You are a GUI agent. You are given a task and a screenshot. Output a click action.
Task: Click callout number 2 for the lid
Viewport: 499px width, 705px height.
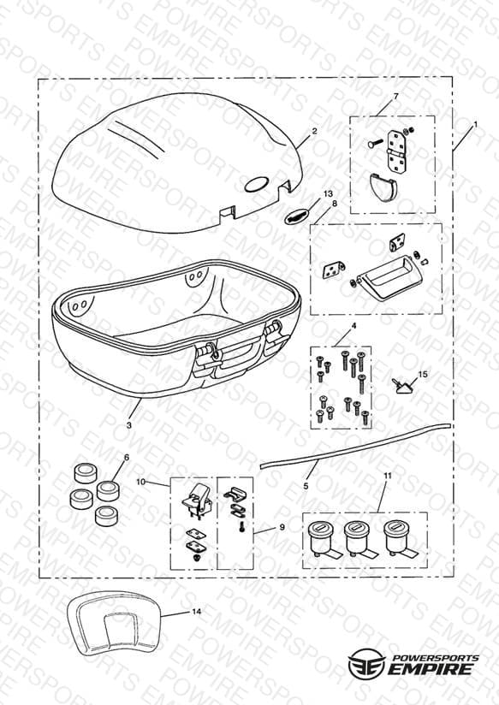tap(314, 131)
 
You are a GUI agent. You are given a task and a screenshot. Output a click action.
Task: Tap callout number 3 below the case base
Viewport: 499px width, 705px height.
tap(129, 425)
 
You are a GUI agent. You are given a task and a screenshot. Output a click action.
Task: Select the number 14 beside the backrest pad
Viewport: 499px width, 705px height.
tap(196, 612)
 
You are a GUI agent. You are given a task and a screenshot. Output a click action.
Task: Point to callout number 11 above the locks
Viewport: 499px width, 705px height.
tap(388, 475)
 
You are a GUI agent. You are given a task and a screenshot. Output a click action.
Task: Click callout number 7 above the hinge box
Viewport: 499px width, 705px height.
tap(396, 96)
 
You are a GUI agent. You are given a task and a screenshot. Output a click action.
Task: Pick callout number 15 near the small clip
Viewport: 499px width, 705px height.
tap(423, 374)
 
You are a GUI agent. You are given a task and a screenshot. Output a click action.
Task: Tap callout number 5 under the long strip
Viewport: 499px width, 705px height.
tap(306, 486)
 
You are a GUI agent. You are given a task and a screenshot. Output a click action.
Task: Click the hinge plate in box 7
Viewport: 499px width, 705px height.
tap(395, 151)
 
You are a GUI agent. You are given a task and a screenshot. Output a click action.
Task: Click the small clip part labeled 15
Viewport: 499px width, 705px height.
tap(401, 386)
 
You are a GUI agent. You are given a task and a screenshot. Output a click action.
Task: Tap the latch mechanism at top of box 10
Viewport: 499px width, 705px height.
tap(197, 500)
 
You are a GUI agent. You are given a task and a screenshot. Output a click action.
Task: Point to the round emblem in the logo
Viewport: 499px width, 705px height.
tap(366, 664)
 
